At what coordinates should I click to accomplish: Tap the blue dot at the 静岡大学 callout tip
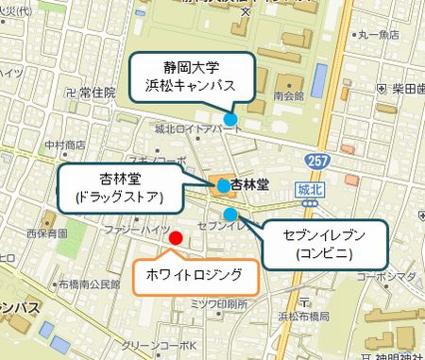pyautogui.click(x=230, y=119)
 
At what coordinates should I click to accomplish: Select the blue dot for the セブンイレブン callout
pyautogui.click(x=230, y=214)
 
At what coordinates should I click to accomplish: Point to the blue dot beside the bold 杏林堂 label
pyautogui.click(x=222, y=185)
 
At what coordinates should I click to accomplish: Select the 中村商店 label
pyautogui.click(x=64, y=146)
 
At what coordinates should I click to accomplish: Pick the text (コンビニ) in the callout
pyautogui.click(x=323, y=252)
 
